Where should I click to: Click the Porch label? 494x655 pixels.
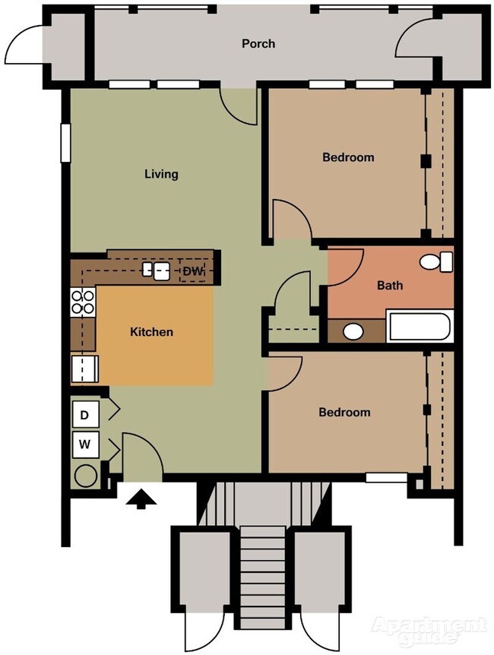pos(258,43)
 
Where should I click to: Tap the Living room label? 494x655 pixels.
pos(161,174)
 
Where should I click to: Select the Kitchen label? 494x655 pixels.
pos(151,332)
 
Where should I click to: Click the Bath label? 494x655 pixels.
pos(390,286)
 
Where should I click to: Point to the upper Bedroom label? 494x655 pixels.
pos(348,157)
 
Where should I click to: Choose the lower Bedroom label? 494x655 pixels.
pos(344,412)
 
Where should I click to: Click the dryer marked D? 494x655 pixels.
pos(85,415)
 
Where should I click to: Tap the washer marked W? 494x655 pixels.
pos(85,445)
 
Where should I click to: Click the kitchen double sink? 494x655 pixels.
pos(156,271)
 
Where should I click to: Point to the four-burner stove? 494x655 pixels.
pos(83,302)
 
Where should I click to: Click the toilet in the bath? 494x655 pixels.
pos(437,262)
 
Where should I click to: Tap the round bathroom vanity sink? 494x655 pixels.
pos(353,331)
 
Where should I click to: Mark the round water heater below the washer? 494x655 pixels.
pos(84,476)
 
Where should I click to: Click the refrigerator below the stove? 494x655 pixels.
pos(83,370)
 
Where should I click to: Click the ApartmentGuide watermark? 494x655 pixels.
pos(429,628)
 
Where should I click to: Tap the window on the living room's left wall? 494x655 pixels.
pos(65,142)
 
